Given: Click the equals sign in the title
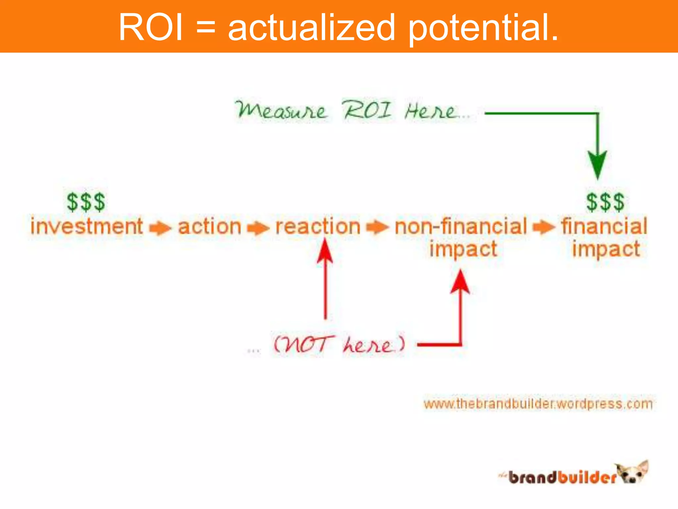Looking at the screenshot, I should tap(206, 28).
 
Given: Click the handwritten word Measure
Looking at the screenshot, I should tap(282, 110).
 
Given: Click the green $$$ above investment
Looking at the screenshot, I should tap(86, 202).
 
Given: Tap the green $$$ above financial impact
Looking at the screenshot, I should tap(605, 202).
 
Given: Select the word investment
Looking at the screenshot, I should tap(87, 226).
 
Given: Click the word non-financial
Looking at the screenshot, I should tap(461, 227).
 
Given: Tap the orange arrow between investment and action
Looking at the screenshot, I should tap(160, 228).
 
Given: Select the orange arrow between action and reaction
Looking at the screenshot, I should tap(258, 228).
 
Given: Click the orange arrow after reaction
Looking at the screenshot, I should tap(377, 227).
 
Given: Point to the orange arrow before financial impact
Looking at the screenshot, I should tap(544, 227).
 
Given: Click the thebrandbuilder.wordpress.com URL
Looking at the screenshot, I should tap(538, 404).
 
